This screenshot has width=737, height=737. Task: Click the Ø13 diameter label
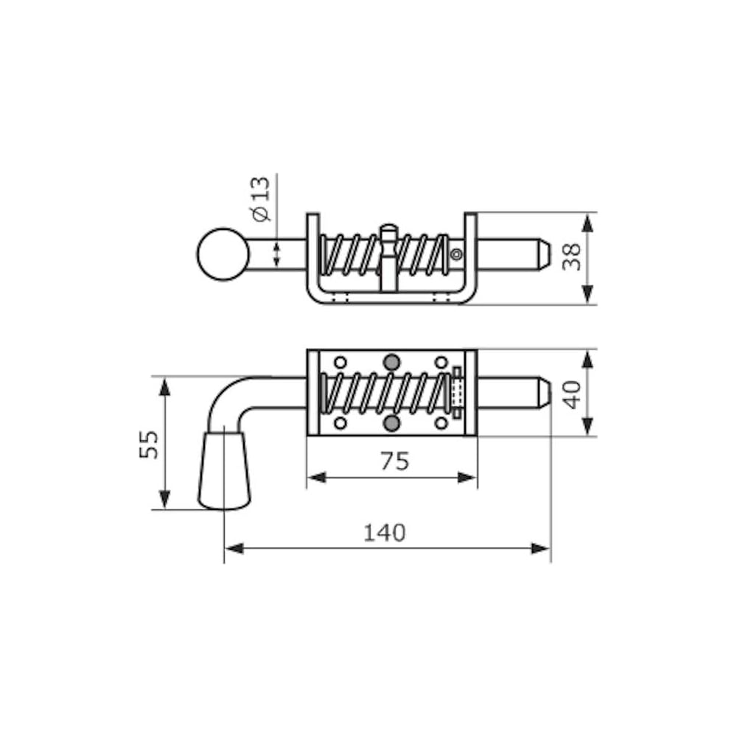[262, 199]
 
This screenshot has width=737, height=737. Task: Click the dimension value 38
[572, 257]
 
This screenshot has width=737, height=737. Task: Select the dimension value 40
[572, 394]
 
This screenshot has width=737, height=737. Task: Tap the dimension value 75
[395, 461]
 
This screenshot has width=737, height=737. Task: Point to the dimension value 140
[385, 533]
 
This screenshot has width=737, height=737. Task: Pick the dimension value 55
[150, 444]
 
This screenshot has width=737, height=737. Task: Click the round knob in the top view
[223, 254]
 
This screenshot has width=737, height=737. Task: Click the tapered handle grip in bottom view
[224, 471]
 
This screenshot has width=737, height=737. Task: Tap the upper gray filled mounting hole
[391, 363]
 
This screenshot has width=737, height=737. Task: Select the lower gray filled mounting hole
[391, 424]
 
